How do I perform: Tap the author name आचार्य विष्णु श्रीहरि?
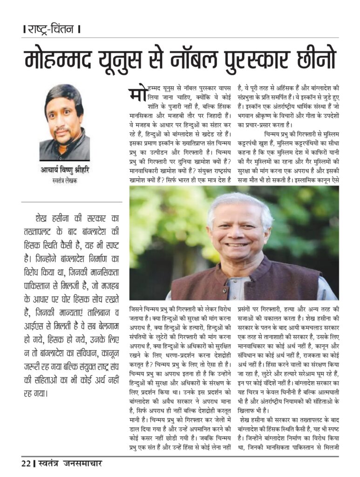click(65, 170)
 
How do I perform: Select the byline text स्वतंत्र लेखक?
click(65, 180)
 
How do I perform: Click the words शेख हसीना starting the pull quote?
click(51, 218)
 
